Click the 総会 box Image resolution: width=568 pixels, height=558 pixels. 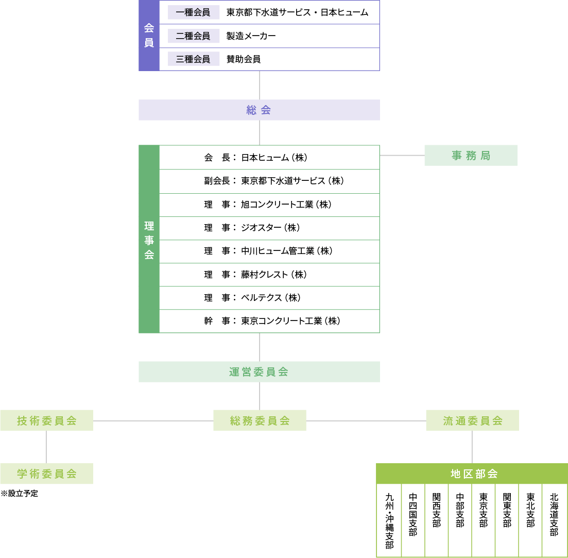coord(259,110)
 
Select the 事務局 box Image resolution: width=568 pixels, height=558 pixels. coord(471,155)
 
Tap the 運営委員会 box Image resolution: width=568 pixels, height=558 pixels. coord(259,371)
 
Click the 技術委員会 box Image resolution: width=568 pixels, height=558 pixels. coord(46,420)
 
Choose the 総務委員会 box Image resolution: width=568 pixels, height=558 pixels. coord(260,420)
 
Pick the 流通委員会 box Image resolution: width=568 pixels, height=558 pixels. coord(472,420)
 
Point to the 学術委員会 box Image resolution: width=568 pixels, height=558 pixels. coord(46,474)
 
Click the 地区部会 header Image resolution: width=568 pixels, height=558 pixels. coord(472,474)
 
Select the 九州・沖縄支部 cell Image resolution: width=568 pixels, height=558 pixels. coord(389,520)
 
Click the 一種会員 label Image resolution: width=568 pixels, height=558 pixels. coord(193,12)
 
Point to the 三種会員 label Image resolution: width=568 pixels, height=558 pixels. coord(193,59)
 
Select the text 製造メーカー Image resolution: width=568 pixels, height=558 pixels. coord(251,36)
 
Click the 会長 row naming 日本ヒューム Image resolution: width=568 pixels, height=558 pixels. coord(269,158)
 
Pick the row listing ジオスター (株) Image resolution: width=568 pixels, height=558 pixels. coord(269,228)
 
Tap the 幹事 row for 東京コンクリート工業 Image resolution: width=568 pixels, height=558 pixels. coord(269,321)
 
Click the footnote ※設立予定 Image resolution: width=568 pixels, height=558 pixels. coord(20,494)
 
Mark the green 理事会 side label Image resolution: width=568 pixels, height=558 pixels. coord(149,239)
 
